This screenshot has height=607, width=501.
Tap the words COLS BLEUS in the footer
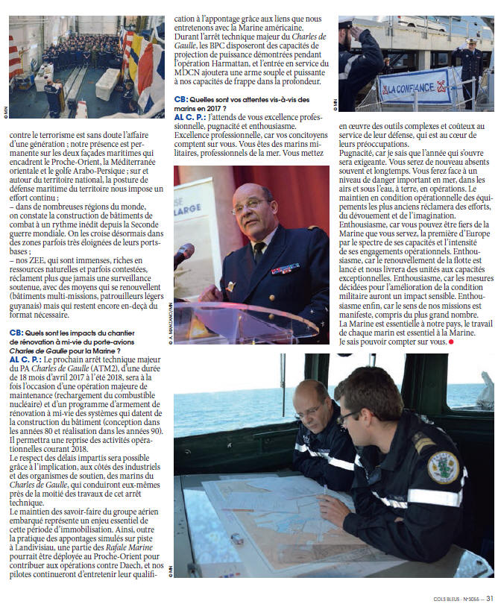446,598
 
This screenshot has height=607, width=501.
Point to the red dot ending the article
450,342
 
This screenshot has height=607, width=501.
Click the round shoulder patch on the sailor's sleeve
442,465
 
